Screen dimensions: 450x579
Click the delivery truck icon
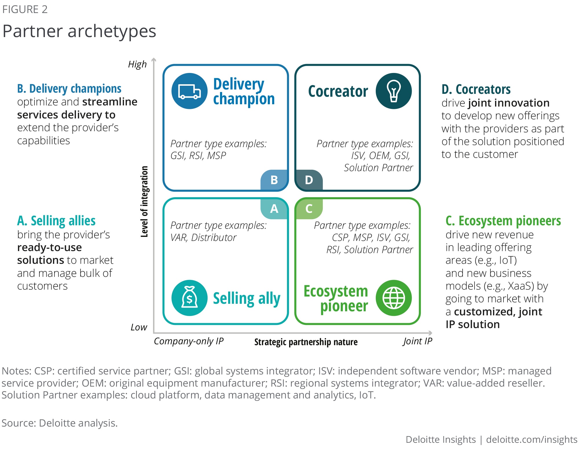189,91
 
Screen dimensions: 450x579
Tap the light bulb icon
393,91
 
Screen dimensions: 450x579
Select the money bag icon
189,298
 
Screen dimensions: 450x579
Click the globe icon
393,298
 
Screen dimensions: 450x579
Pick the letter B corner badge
274,180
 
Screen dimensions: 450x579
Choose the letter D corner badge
309,180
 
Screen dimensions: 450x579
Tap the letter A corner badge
274,208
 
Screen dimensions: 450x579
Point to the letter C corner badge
309,208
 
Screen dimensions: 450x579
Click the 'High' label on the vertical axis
137,64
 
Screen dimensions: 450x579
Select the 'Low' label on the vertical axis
139,327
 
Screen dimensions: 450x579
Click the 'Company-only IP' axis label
188,341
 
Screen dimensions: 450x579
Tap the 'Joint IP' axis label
417,341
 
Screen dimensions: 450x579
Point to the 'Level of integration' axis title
144,202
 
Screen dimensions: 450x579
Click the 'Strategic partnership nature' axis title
306,342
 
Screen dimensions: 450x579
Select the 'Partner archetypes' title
79,31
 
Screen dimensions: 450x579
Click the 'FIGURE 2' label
25,10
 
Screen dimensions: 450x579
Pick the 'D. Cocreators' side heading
476,89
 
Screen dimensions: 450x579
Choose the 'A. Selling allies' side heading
56,221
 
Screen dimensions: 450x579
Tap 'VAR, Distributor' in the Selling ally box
203,237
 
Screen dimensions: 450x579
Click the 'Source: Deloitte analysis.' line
60,423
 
